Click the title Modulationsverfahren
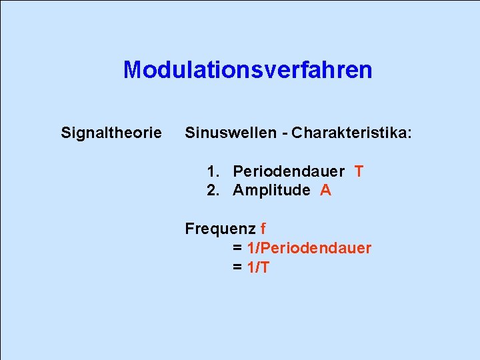click(x=247, y=70)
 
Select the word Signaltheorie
click(x=111, y=133)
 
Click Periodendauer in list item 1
click(x=289, y=171)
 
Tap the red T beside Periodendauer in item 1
click(x=359, y=171)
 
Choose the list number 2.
click(x=212, y=191)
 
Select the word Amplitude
click(x=271, y=191)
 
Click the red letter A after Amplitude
click(x=325, y=191)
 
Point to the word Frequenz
click(x=220, y=229)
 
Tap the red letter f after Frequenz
click(x=263, y=229)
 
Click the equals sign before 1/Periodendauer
click(x=237, y=249)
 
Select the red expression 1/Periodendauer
click(x=309, y=249)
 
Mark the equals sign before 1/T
click(x=237, y=268)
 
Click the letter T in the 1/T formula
click(x=265, y=268)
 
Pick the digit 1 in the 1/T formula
click(x=251, y=268)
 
